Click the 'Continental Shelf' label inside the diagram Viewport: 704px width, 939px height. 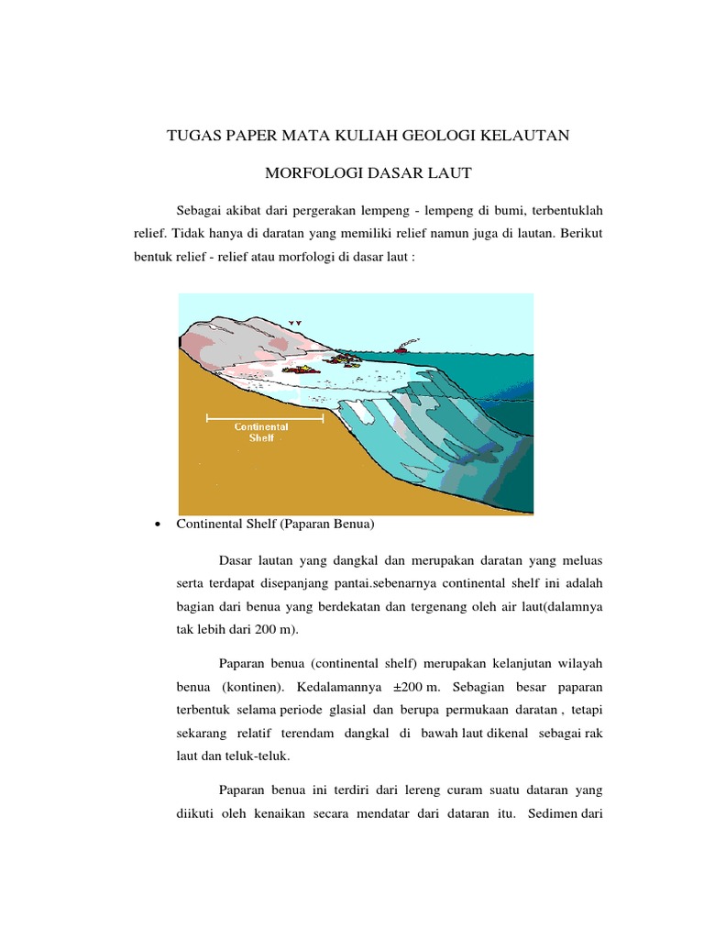261,433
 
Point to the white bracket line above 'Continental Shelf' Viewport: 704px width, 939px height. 265,418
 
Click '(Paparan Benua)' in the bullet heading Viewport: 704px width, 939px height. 329,525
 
